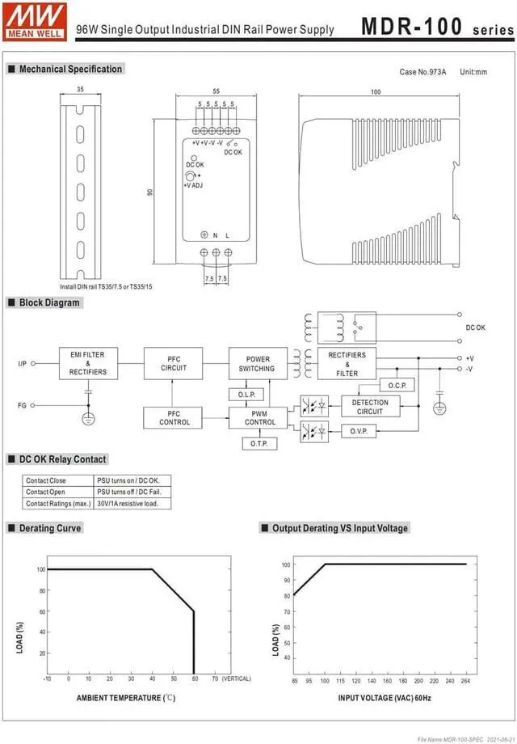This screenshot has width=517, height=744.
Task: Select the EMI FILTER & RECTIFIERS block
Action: [x=88, y=363]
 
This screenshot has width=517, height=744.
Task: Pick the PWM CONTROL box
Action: [x=259, y=417]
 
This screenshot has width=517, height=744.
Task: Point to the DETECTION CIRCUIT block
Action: [x=370, y=407]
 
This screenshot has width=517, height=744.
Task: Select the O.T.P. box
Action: [x=259, y=444]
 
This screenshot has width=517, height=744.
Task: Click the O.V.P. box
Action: [x=359, y=431]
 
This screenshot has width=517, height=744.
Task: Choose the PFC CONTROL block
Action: [x=174, y=417]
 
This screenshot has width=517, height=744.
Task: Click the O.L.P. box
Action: [x=246, y=394]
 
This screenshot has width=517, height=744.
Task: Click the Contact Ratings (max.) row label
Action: [x=58, y=503]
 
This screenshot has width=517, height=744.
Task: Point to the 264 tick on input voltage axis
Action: [x=466, y=682]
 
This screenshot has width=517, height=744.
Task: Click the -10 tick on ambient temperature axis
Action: [x=47, y=678]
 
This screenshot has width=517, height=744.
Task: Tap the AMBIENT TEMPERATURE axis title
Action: [x=126, y=697]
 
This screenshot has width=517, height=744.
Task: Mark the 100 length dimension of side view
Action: [x=376, y=92]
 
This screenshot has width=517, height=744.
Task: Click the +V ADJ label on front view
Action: [x=192, y=185]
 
